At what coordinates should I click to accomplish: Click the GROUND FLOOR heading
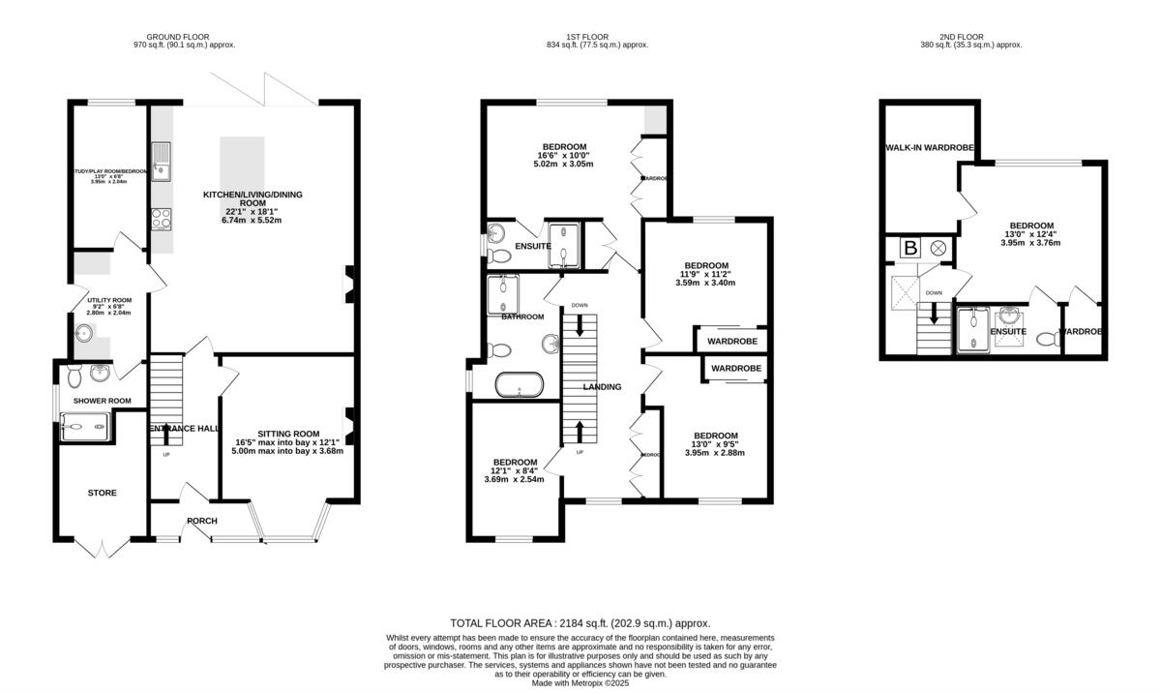pyautogui.click(x=183, y=36)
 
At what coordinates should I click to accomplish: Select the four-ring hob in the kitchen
pyautogui.click(x=161, y=218)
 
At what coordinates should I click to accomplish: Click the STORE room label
pyautogui.click(x=103, y=493)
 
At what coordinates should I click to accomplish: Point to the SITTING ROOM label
pyautogui.click(x=287, y=433)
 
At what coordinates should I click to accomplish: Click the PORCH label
pyautogui.click(x=202, y=521)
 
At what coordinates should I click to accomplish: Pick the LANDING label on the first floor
pyautogui.click(x=602, y=387)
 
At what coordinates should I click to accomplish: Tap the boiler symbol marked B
pyautogui.click(x=909, y=248)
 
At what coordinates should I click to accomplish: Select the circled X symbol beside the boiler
pyautogui.click(x=938, y=248)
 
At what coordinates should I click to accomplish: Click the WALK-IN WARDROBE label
pyautogui.click(x=928, y=148)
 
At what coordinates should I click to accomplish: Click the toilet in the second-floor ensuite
pyautogui.click(x=1043, y=339)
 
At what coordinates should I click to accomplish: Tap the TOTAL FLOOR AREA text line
pyautogui.click(x=580, y=623)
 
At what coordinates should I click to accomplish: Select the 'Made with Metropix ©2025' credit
pyautogui.click(x=580, y=682)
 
